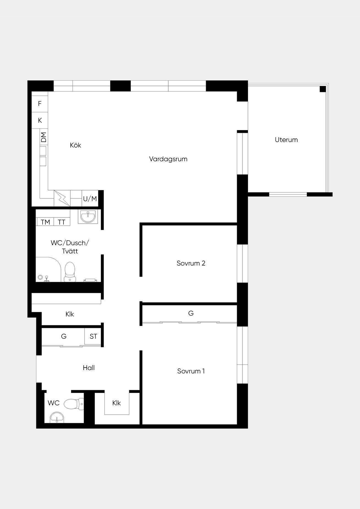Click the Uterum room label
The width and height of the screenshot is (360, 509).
pyautogui.click(x=286, y=140)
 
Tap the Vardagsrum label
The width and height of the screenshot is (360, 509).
pyautogui.click(x=168, y=159)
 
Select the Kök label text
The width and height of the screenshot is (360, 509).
pyautogui.click(x=75, y=145)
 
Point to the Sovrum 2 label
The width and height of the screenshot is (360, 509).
pyautogui.click(x=191, y=263)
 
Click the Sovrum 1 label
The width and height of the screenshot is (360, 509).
pyautogui.click(x=191, y=371)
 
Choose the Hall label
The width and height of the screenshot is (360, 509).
pyautogui.click(x=89, y=368)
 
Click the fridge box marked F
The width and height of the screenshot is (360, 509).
pyautogui.click(x=40, y=104)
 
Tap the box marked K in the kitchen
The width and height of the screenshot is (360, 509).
pyautogui.click(x=40, y=120)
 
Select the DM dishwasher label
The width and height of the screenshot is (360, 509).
pyautogui.click(x=44, y=137)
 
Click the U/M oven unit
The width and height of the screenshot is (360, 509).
pyautogui.click(x=90, y=198)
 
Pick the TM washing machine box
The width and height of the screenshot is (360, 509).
pyautogui.click(x=45, y=222)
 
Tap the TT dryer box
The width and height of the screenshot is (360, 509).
pyautogui.click(x=62, y=222)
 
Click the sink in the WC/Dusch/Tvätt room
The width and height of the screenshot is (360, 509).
pyautogui.click(x=88, y=217)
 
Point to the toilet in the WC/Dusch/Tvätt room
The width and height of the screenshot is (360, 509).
pyautogui.click(x=70, y=272)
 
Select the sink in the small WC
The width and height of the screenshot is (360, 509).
pyautogui.click(x=57, y=417)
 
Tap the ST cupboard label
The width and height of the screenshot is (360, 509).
pyautogui.click(x=93, y=336)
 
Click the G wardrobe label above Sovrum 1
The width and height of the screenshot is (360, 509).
pyautogui.click(x=191, y=313)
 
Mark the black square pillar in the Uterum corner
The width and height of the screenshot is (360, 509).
pyautogui.click(x=323, y=89)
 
